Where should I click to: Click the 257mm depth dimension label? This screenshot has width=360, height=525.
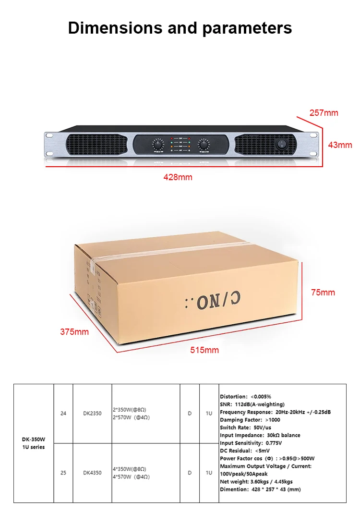324,113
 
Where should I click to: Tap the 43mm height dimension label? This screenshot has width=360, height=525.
340,145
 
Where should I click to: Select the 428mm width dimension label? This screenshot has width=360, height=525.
178,177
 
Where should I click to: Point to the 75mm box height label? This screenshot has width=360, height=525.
323,293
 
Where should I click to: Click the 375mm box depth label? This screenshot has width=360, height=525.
74,331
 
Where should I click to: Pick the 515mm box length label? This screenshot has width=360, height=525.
204,350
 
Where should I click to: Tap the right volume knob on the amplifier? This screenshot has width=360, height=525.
204,144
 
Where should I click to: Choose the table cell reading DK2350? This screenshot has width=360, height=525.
92,413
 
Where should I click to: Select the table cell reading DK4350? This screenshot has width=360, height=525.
92,473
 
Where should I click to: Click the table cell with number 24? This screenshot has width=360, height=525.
63,413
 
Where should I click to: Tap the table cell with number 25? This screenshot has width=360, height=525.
63,473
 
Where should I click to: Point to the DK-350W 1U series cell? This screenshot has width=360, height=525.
34,443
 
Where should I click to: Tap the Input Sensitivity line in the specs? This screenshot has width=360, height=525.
251,443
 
